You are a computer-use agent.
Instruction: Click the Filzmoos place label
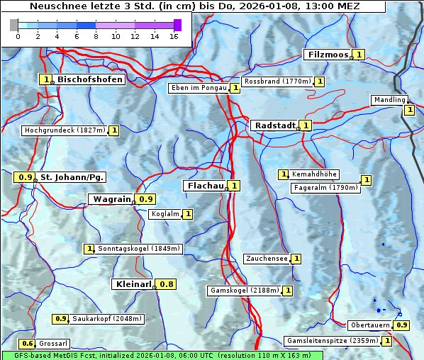pyautogui.click(x=328, y=55)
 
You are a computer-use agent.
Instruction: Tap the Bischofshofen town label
pyautogui.click(x=90, y=80)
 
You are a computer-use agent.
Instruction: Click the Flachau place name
pyautogui.click(x=205, y=186)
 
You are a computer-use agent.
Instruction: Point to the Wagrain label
pyautogui.click(x=112, y=199)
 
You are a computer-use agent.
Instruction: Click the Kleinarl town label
pyautogui.click(x=133, y=284)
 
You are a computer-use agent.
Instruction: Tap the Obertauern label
pyautogui.click(x=371, y=325)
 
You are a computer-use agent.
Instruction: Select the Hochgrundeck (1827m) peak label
pyautogui.click(x=65, y=130)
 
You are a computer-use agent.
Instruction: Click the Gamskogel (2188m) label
pyautogui.click(x=244, y=291)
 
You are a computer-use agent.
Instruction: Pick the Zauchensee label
pyautogui.click(x=267, y=259)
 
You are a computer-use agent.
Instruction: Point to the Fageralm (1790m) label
pyautogui.click(x=326, y=188)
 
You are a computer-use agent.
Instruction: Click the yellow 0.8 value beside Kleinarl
pyautogui.click(x=166, y=284)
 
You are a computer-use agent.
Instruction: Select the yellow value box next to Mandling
pyautogui.click(x=409, y=110)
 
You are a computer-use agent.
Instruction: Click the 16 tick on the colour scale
pyautogui.click(x=174, y=36)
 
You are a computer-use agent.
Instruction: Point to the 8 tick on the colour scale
pyautogui.click(x=96, y=36)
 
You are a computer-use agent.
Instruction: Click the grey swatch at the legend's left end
pyautogui.click(x=14, y=25)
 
